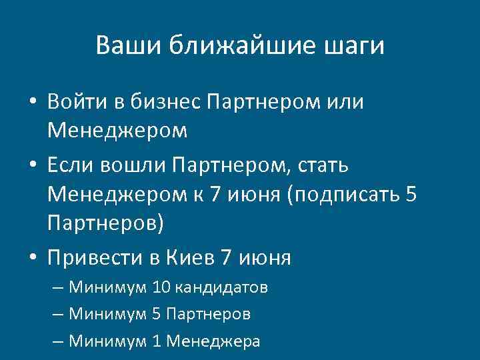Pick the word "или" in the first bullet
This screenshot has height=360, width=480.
click(346, 102)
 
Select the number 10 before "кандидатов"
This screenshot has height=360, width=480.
click(161, 288)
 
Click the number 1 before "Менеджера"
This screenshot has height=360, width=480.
click(157, 341)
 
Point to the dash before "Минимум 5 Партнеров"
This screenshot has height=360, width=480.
click(57, 314)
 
